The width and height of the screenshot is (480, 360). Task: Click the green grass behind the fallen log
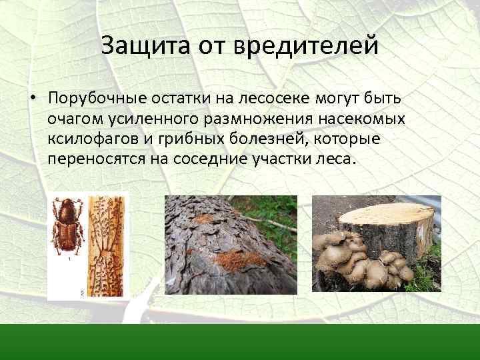click(273, 213)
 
